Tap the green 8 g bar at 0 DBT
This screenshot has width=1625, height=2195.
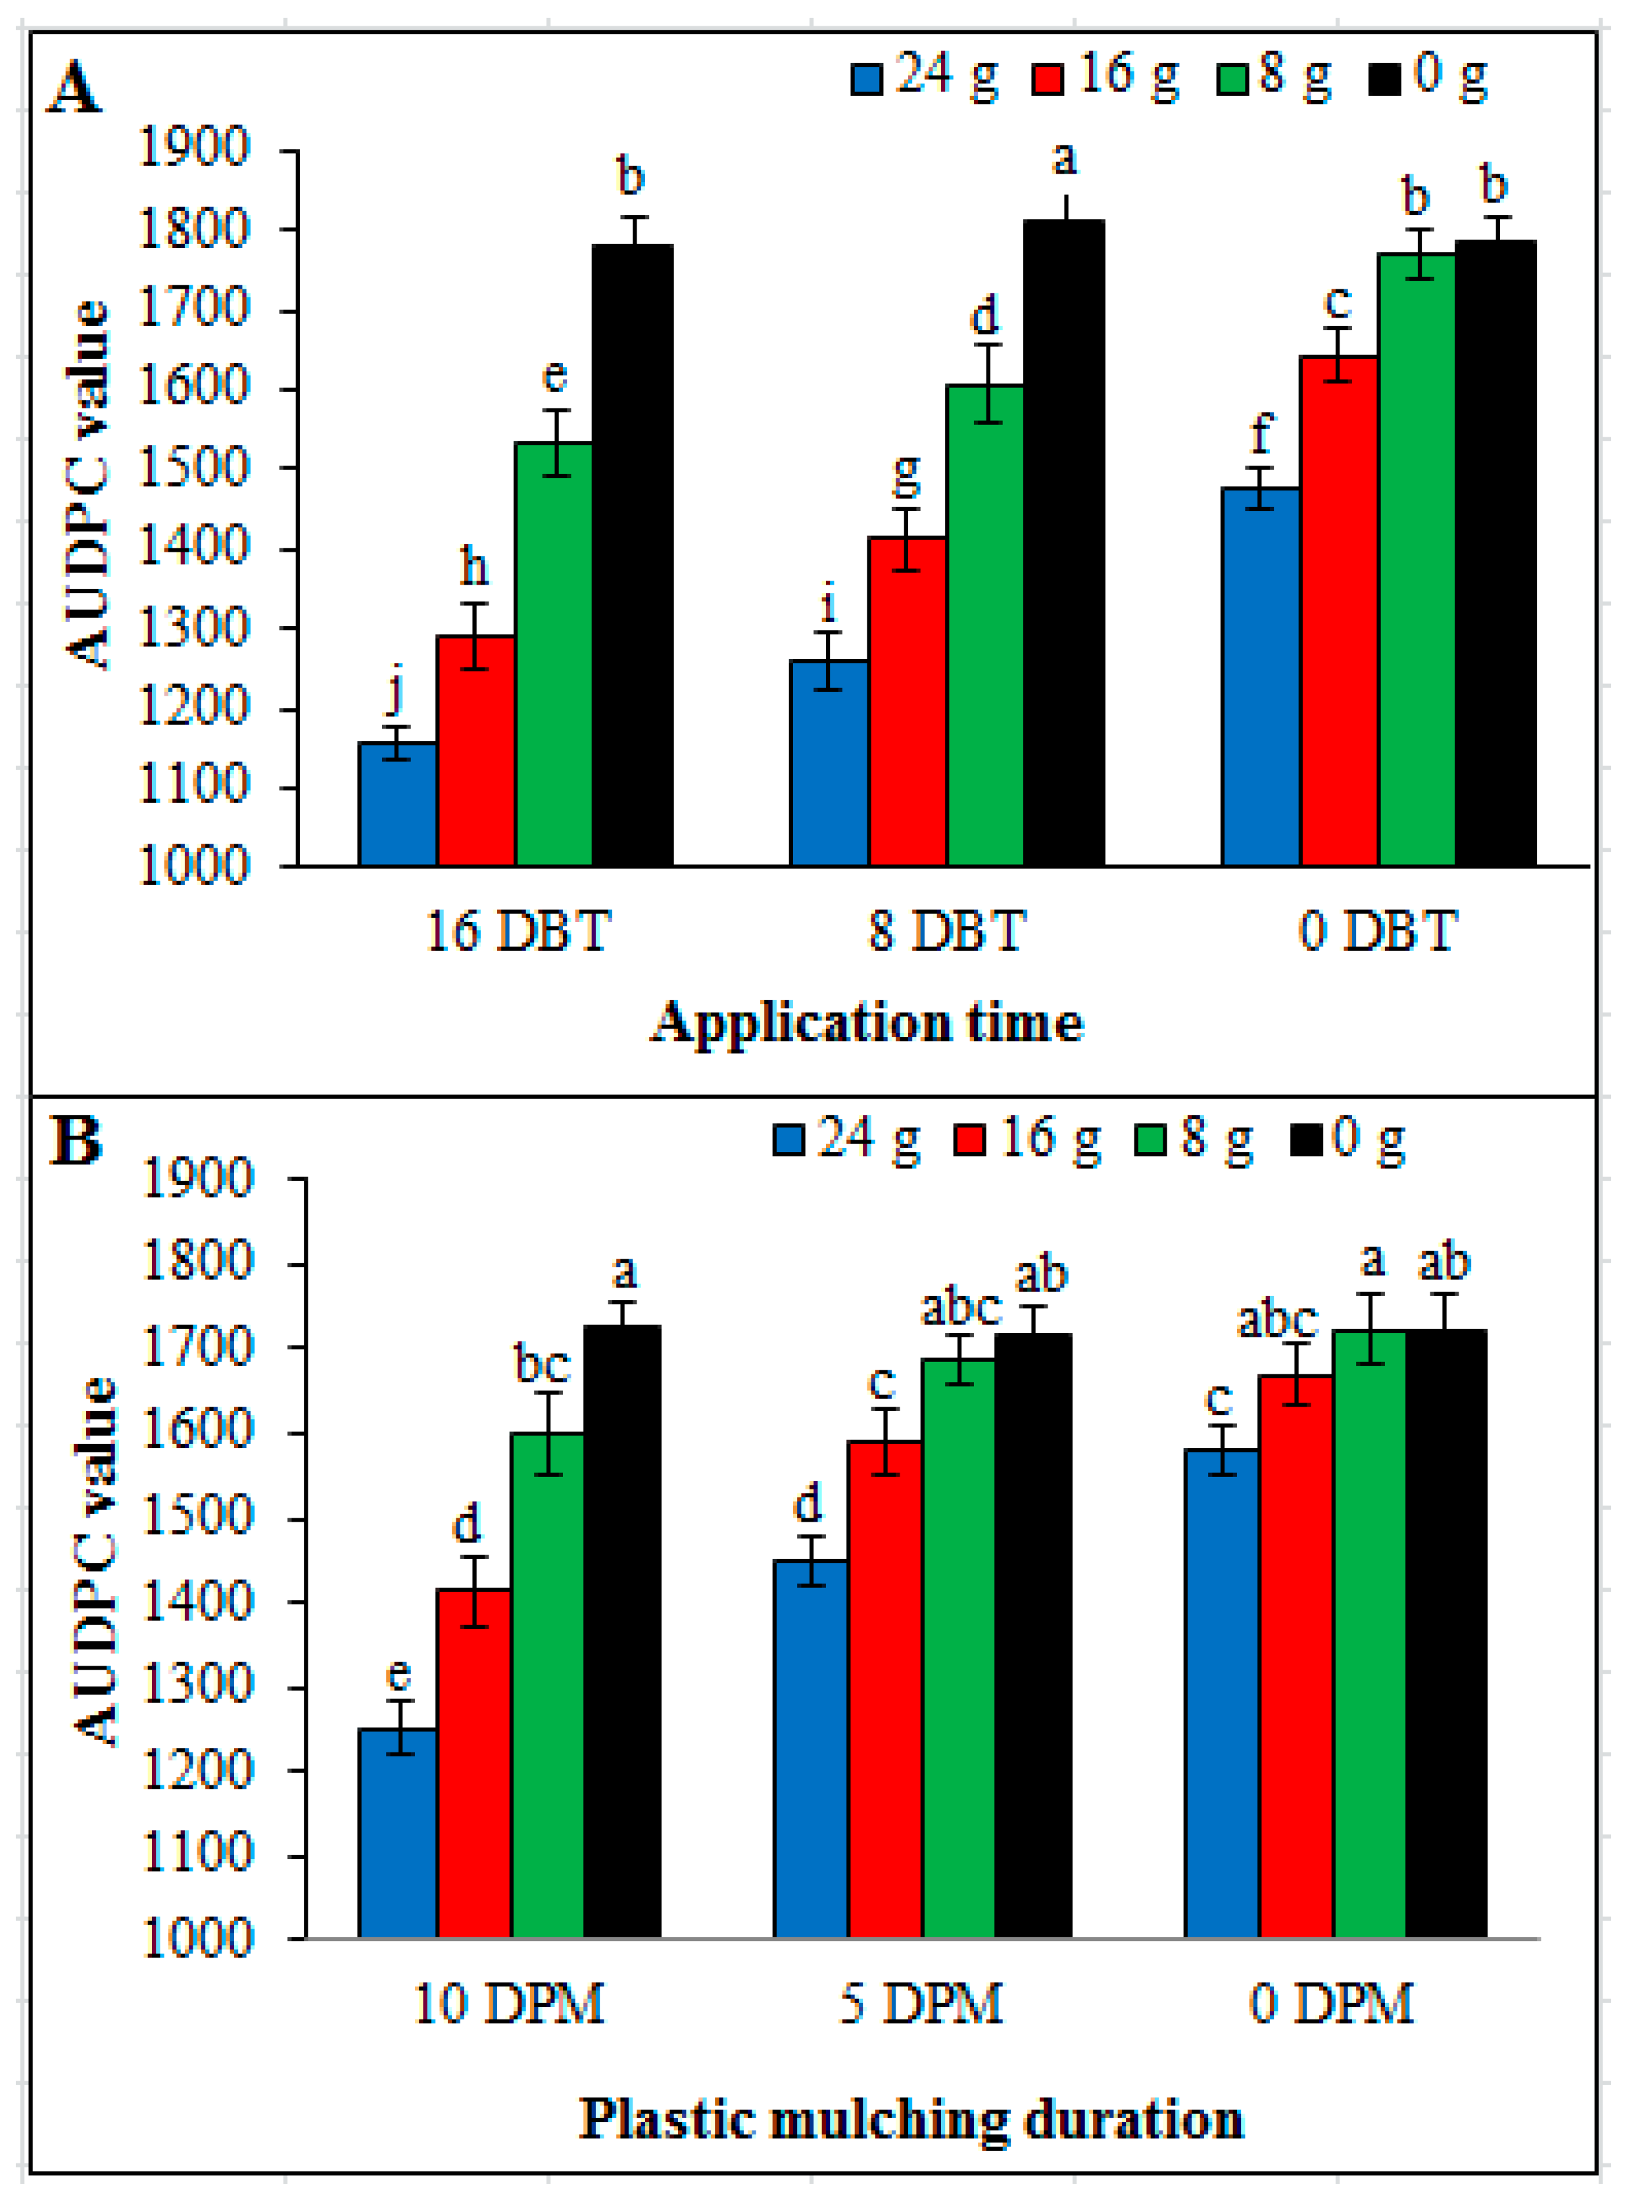coord(1417,560)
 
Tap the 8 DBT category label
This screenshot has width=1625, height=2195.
coord(946,930)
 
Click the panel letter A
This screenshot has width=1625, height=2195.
coord(75,89)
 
